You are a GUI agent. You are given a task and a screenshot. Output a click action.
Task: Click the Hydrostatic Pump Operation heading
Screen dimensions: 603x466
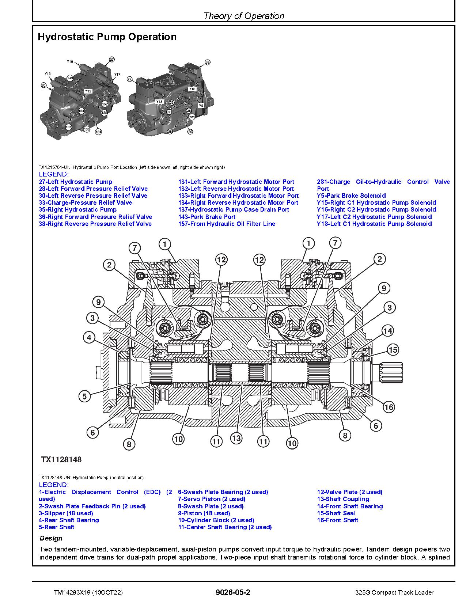pyautogui.click(x=107, y=37)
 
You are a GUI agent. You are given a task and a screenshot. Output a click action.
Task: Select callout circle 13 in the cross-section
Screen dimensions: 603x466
pyautogui.click(x=236, y=438)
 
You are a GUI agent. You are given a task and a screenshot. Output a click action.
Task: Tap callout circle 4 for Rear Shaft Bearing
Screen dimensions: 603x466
pyautogui.click(x=89, y=337)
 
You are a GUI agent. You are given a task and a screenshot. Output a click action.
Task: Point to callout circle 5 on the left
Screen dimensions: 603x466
pyautogui.click(x=84, y=396)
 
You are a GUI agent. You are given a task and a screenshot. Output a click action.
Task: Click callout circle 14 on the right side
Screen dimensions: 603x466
pyautogui.click(x=387, y=331)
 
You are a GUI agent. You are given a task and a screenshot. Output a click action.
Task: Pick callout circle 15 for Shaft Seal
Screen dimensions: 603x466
pyautogui.click(x=393, y=350)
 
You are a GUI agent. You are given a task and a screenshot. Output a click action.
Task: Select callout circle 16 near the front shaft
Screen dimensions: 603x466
pyautogui.click(x=389, y=407)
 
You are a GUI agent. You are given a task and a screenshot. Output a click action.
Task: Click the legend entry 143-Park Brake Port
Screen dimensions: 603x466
pyautogui.click(x=207, y=217)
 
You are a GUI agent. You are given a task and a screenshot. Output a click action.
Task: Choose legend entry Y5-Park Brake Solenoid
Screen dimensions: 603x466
pyautogui.click(x=351, y=196)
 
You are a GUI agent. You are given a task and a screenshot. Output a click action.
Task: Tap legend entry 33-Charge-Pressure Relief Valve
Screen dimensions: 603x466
pyautogui.click(x=85, y=202)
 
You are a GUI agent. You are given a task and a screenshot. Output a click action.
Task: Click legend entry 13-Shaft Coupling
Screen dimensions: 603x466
pyautogui.click(x=343, y=499)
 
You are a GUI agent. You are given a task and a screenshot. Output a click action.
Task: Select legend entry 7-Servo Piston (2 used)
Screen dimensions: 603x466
pyautogui.click(x=212, y=499)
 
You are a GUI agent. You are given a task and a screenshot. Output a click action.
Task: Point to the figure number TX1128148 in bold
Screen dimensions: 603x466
pyautogui.click(x=61, y=460)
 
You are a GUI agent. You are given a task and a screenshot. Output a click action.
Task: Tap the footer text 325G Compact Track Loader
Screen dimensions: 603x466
pyautogui.click(x=394, y=592)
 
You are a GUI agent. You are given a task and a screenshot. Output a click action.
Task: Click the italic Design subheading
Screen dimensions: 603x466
pyautogui.click(x=51, y=538)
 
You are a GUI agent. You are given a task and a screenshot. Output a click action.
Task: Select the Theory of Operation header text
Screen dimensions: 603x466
pyautogui.click(x=243, y=16)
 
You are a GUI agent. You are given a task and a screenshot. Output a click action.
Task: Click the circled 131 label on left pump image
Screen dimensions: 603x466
pyautogui.click(x=98, y=132)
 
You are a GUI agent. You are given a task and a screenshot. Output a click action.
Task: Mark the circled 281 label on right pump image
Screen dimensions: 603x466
pyautogui.click(x=192, y=117)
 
